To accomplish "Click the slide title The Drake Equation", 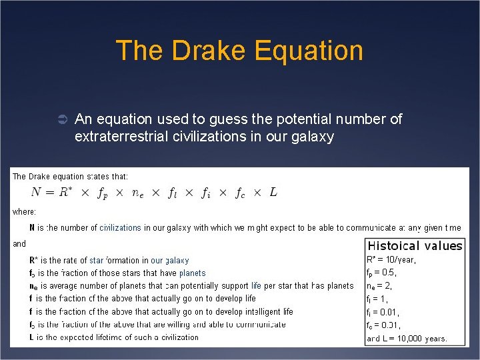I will coord(239,51).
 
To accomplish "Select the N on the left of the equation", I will coord(38,193).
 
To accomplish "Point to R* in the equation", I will coord(65,192).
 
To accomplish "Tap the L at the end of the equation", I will coord(273,192).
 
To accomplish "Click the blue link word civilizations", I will coord(120,228).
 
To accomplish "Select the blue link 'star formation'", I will coord(105,260).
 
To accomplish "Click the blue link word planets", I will coord(192,273).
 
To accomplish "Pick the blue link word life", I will coord(256,285).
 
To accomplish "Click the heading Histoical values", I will coord(415,246).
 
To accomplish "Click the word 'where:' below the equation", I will coord(24,212).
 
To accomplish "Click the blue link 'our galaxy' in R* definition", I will coord(170,260).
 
